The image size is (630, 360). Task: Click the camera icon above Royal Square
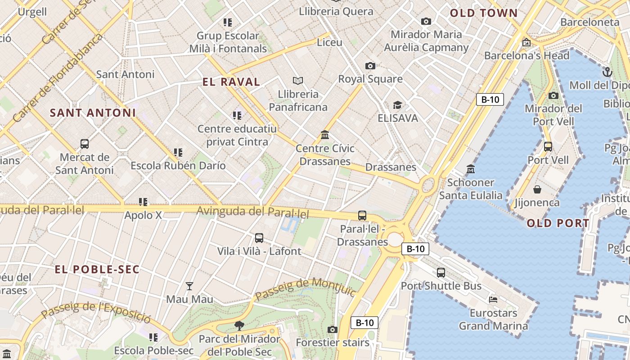pos(370,66)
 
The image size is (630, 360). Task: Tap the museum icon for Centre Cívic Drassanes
pos(325,135)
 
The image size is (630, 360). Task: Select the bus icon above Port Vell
pos(548,147)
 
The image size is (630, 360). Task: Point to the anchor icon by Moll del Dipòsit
pos(607,72)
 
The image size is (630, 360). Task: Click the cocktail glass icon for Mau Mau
pos(189,286)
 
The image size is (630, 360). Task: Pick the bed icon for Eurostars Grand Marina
pos(493,299)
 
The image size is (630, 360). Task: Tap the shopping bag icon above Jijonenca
pos(537,189)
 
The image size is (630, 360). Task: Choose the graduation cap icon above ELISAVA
pos(397,105)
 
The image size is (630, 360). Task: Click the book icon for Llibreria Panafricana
pos(297,81)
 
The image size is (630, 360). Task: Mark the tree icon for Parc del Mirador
pos(239,325)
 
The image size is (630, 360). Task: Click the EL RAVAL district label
pos(231,82)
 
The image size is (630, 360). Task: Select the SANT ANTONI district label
pos(93,113)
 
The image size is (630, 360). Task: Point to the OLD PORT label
pos(558,223)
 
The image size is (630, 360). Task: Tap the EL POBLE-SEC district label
pos(97,270)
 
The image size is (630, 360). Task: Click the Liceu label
pos(329,43)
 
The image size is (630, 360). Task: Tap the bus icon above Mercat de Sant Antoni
pos(84,144)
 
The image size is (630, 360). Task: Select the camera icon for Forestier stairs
pos(332,330)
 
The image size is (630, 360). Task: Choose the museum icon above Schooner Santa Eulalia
pos(471,169)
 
